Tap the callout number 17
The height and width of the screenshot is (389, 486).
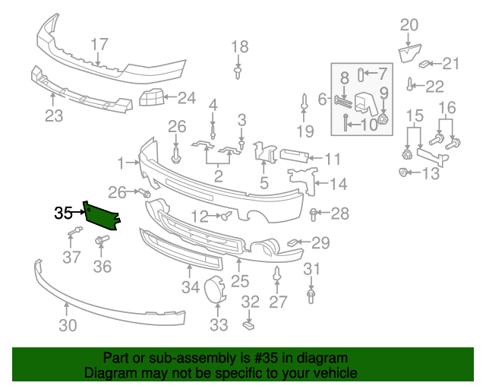pos(99,44)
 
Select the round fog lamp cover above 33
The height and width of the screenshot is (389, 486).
pos(216,291)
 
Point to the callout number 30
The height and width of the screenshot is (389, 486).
pos(68,326)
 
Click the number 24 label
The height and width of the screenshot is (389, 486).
pos(186,97)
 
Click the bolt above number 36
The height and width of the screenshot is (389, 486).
pos(100,242)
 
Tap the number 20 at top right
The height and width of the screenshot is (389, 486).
pos(409,25)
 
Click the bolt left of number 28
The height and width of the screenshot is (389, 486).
pos(313,213)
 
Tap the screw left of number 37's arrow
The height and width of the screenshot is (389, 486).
pos(74,230)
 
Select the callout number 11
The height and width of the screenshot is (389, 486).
pos(333,160)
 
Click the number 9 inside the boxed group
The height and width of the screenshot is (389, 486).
pos(383,93)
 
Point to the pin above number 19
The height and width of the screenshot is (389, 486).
pos(304,102)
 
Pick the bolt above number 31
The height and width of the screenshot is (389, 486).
pos(311,293)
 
